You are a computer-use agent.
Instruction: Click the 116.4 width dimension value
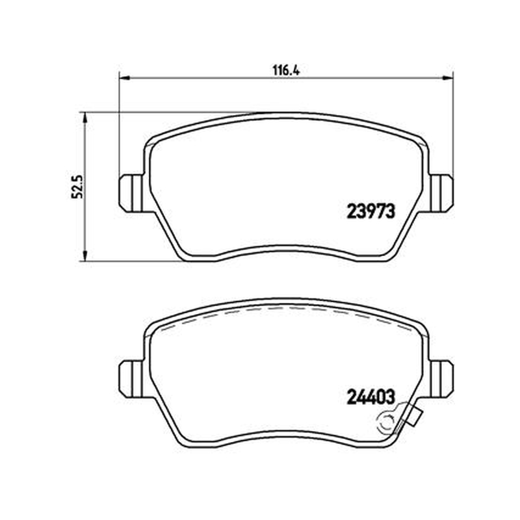pyautogui.click(x=286, y=71)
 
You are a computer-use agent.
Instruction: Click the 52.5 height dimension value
pyautogui.click(x=77, y=187)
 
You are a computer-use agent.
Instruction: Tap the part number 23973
pyautogui.click(x=370, y=211)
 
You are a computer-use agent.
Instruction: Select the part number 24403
pyautogui.click(x=370, y=397)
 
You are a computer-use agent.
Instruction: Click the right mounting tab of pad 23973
pyautogui.click(x=441, y=193)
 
